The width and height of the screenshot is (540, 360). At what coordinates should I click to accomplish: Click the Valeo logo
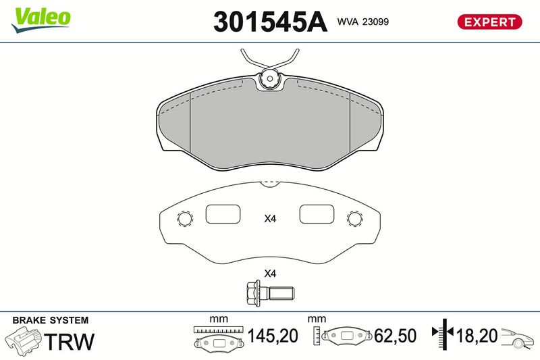click(x=41, y=20)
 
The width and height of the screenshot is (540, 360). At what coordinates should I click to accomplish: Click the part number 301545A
click(x=270, y=22)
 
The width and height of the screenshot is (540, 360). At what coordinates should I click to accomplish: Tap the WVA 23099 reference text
click(x=362, y=22)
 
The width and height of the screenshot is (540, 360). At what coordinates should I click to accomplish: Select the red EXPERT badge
click(x=489, y=22)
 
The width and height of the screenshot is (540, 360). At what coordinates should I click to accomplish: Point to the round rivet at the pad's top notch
click(x=269, y=78)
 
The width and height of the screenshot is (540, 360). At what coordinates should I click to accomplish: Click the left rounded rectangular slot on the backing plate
click(x=223, y=214)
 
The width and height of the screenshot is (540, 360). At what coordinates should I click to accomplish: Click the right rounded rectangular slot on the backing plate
click(x=317, y=214)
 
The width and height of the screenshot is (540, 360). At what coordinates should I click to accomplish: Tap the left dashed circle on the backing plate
click(x=184, y=218)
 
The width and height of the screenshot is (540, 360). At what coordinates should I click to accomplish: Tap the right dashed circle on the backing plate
click(x=355, y=218)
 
